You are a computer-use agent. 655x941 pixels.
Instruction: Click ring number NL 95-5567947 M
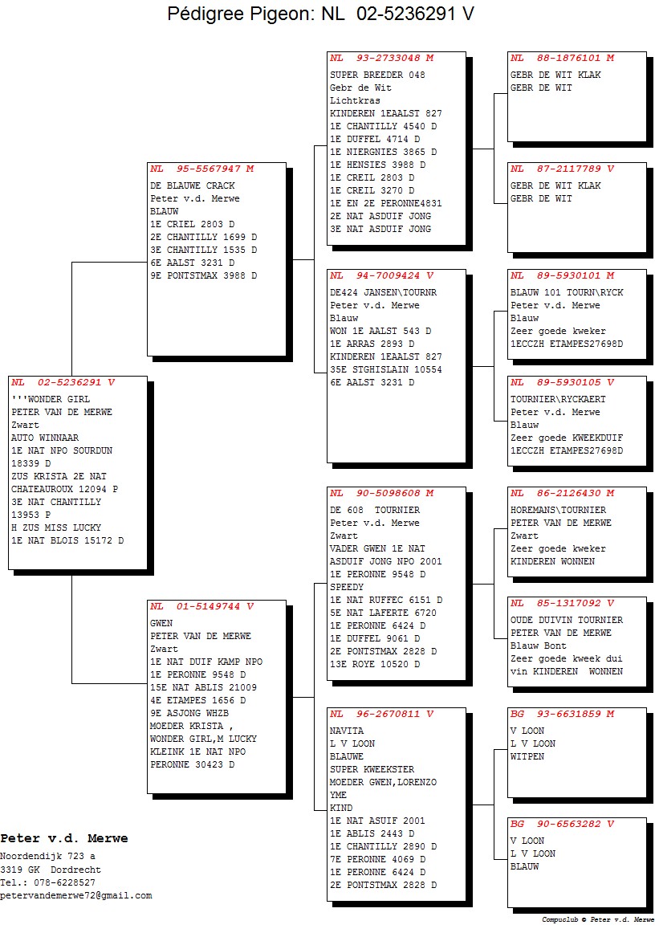pos(202,169)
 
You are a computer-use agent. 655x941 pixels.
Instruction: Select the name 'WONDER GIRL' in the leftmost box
pos(59,399)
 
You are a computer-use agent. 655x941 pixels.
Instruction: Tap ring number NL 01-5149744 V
pos(202,606)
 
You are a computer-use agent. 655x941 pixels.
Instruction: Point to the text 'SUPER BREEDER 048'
pos(377,75)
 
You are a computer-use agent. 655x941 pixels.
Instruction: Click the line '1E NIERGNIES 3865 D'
pos(383,152)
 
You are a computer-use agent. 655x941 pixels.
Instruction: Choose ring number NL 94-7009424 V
pos(382,275)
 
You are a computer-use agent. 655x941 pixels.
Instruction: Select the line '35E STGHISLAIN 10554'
pos(385,369)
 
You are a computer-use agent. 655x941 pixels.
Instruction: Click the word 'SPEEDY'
pos(347,587)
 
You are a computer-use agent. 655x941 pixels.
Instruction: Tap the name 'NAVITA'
pos(347,731)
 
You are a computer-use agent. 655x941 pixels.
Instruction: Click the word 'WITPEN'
pos(527,756)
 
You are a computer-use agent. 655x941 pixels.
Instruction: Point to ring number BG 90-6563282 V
pos(563,824)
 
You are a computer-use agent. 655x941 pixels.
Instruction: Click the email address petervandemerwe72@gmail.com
pos(76,895)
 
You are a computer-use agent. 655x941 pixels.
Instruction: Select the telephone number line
pos(47,882)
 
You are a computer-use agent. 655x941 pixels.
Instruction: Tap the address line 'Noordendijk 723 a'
pos(47,857)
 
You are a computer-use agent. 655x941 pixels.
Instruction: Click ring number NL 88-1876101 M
pos(563,59)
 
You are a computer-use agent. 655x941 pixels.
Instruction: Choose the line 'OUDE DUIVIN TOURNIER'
pos(567,620)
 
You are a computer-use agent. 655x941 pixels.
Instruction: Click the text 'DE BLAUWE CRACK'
pos(193,186)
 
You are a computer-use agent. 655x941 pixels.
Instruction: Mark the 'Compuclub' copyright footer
pos(597,919)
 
